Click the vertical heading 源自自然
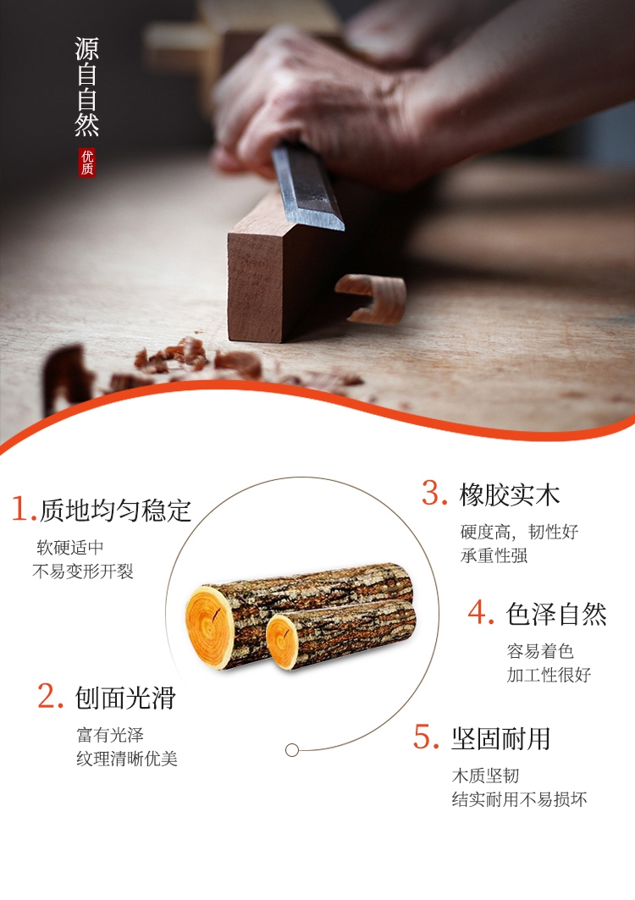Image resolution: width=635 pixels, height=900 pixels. pyautogui.click(x=86, y=86)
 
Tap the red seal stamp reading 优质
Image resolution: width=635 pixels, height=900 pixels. pyautogui.click(x=86, y=163)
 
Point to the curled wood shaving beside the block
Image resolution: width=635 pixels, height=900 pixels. pyautogui.click(x=372, y=299)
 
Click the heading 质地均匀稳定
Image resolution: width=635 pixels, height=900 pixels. pyautogui.click(x=115, y=511)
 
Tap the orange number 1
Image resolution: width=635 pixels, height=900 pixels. pyautogui.click(x=23, y=509)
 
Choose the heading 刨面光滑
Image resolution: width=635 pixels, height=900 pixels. pyautogui.click(x=125, y=698)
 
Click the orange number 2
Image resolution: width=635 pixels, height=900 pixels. pyautogui.click(x=50, y=696)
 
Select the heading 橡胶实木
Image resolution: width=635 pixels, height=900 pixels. pyautogui.click(x=509, y=494)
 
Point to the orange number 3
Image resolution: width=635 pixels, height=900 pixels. pyautogui.click(x=434, y=493)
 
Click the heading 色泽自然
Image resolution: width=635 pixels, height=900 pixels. pyautogui.click(x=556, y=614)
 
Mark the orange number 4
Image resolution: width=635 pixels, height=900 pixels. pyautogui.click(x=481, y=612)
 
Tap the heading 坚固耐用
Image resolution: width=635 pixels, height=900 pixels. pyautogui.click(x=500, y=739)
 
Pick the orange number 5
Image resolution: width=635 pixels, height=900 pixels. pyautogui.click(x=426, y=737)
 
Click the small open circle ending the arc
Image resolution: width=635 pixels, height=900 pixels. pyautogui.click(x=291, y=749)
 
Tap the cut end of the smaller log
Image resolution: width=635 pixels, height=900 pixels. pyautogui.click(x=283, y=641)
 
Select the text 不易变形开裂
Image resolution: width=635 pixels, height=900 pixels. pyautogui.click(x=83, y=571)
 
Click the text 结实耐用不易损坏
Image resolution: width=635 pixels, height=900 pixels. pyautogui.click(x=519, y=799)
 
